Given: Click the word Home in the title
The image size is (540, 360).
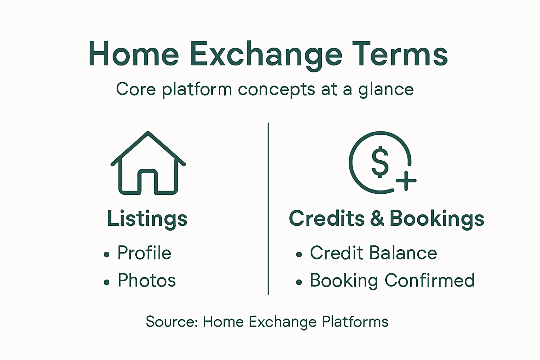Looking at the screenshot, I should tap(134, 54).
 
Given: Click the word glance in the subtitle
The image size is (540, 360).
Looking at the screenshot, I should tap(386, 90).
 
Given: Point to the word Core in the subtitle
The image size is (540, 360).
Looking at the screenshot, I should tap(136, 89).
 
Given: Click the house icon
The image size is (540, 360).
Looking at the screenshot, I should tap(148, 163).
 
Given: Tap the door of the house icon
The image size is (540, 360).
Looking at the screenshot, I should tap(148, 181).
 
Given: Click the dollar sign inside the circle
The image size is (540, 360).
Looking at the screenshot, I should tap(380, 162).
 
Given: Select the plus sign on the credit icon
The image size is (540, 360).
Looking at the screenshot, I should tap(406, 181).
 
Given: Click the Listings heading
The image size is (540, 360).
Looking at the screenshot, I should tap(147, 219).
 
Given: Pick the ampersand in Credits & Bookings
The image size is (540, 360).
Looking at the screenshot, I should tap(377, 218).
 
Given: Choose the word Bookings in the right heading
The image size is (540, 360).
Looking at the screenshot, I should tap(437, 219).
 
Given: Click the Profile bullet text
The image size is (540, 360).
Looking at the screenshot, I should tap(144, 253).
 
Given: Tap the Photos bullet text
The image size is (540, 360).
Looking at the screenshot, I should tap(147, 281).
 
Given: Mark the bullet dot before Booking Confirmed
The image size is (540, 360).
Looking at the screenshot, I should tap(299, 282).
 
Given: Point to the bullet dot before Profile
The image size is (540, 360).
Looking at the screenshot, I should tap(107, 255).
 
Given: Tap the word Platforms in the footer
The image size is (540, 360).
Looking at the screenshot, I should tap(355, 322).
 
